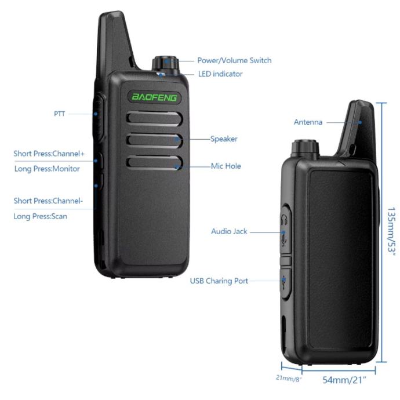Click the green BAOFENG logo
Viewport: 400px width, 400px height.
tap(155, 97)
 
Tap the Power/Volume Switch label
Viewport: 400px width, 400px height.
tap(234, 60)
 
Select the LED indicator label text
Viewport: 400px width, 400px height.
tap(220, 74)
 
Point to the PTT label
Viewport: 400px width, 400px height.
tap(60, 114)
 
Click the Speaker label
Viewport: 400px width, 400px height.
tap(224, 139)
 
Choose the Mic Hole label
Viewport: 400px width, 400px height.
tap(226, 166)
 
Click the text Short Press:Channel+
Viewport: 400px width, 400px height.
tap(49, 154)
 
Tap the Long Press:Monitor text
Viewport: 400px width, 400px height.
tap(47, 169)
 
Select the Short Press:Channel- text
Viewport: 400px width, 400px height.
tap(48, 201)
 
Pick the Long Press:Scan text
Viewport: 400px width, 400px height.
tap(40, 216)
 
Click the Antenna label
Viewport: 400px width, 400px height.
tap(308, 122)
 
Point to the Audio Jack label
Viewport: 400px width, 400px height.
tap(229, 231)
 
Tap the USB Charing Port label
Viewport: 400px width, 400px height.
tap(219, 281)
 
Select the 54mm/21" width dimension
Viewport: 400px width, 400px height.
tap(344, 380)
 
